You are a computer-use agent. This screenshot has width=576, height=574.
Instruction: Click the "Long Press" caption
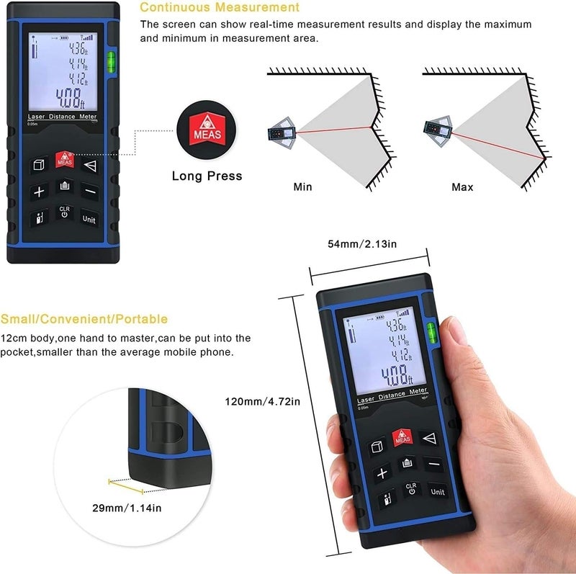[207, 176]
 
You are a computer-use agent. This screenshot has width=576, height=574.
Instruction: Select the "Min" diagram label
[303, 187]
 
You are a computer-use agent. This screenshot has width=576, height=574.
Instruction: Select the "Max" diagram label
[462, 187]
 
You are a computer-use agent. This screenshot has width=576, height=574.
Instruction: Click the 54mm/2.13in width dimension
[362, 244]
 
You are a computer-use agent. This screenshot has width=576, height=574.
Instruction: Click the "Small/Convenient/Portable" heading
[84, 319]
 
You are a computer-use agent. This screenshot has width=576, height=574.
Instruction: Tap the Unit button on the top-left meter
[89, 219]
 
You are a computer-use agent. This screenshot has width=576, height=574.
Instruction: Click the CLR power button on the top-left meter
[64, 213]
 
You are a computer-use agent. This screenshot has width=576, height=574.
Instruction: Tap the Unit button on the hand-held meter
[437, 491]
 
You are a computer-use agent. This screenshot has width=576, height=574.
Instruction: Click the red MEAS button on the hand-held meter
[401, 436]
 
